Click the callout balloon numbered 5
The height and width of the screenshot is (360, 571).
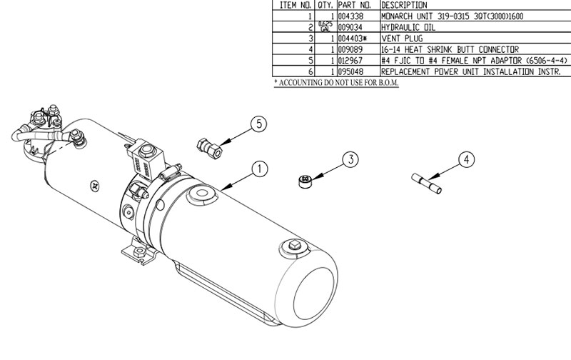(x=259, y=124)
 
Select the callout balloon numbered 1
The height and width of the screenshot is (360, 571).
(x=260, y=169)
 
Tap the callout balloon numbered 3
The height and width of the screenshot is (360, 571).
(x=350, y=159)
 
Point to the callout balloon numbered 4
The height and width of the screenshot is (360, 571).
(x=467, y=159)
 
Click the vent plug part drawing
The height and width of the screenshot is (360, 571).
(x=306, y=181)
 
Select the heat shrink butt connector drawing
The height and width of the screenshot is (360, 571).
(x=426, y=184)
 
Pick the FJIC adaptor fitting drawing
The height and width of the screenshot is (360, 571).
(x=209, y=149)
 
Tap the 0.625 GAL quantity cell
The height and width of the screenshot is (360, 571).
(x=325, y=26)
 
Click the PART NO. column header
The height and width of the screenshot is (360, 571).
(x=354, y=5)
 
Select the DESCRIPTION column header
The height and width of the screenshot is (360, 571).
(x=404, y=5)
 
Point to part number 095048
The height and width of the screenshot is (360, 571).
(x=350, y=71)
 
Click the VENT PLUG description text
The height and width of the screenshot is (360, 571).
(x=402, y=39)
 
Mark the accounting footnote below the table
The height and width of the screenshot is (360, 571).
(x=336, y=83)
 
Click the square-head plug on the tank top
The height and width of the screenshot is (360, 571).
(x=295, y=245)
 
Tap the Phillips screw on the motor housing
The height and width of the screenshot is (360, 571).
(x=95, y=186)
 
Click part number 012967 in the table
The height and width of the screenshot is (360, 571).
(x=350, y=60)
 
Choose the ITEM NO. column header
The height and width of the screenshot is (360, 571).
(x=295, y=5)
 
